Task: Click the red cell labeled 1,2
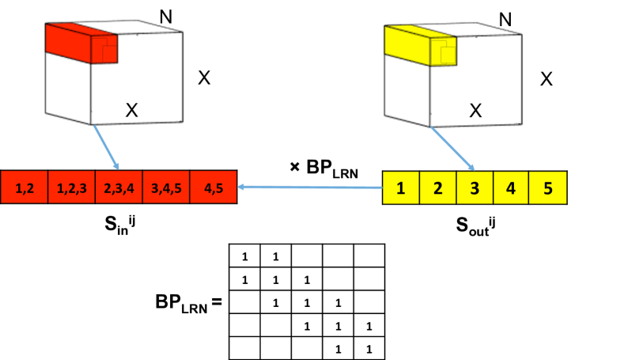pos(25,188)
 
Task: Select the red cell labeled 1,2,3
pos(72,188)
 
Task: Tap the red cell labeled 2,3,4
pos(119,188)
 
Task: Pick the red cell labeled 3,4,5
pos(166,188)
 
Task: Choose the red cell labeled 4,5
pos(213,188)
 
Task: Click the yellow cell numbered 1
pos(401,188)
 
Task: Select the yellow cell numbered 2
pos(437,188)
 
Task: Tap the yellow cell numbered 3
pos(475,188)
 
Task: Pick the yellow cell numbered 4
pos(511,188)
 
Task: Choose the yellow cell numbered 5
pos(547,188)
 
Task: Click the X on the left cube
pos(132,111)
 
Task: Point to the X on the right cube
pos(475,111)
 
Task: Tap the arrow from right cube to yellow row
pos(453,149)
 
